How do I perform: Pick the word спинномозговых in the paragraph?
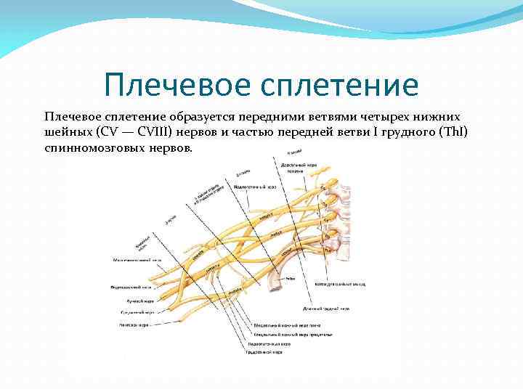[94, 147]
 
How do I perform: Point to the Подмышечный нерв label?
[131, 287]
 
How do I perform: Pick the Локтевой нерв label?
[134, 324]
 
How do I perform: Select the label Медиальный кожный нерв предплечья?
[291, 335]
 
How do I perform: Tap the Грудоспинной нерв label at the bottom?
[264, 352]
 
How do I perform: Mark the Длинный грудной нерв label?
[335, 309]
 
